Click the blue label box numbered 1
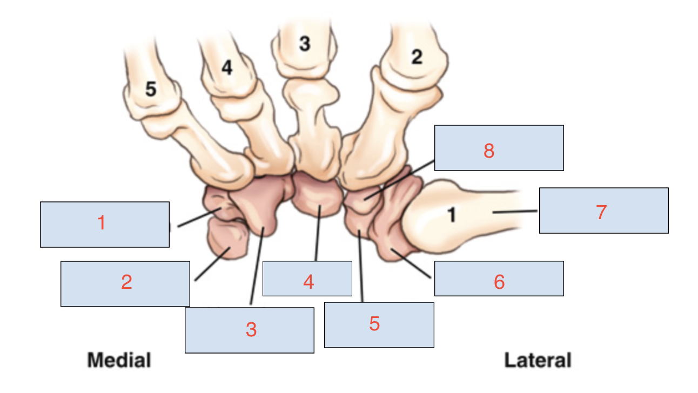[x=105, y=225]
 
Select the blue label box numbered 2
[x=125, y=284]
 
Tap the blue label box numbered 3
[x=250, y=330]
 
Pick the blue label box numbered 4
[x=307, y=279]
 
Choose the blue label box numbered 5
[x=379, y=325]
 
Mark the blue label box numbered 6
[x=499, y=279]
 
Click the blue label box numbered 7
[x=604, y=211]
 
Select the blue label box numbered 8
[x=499, y=148]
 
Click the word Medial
[x=119, y=360]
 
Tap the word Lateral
[x=538, y=360]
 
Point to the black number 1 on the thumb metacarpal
[x=452, y=215]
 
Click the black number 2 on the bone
[x=417, y=57]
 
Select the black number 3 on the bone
[x=305, y=44]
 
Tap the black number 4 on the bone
[x=227, y=67]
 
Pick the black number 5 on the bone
[x=151, y=89]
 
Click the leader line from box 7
[x=515, y=212]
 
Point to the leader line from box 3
[x=257, y=266]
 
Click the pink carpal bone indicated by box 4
[x=316, y=195]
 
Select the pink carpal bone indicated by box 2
[x=228, y=238]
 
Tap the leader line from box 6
[x=411, y=263]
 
